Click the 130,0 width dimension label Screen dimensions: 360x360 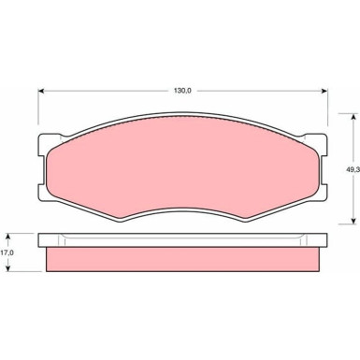point(181,90)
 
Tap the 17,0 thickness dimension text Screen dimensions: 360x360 point(7,252)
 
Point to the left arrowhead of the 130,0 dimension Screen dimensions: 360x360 point(41,91)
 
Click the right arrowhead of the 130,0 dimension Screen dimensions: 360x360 point(325,91)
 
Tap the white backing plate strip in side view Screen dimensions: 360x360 point(182,239)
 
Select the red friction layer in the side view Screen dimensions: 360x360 point(182,259)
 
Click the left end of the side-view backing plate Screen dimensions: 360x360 point(41,239)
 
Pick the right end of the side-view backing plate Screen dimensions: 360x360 point(324,239)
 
